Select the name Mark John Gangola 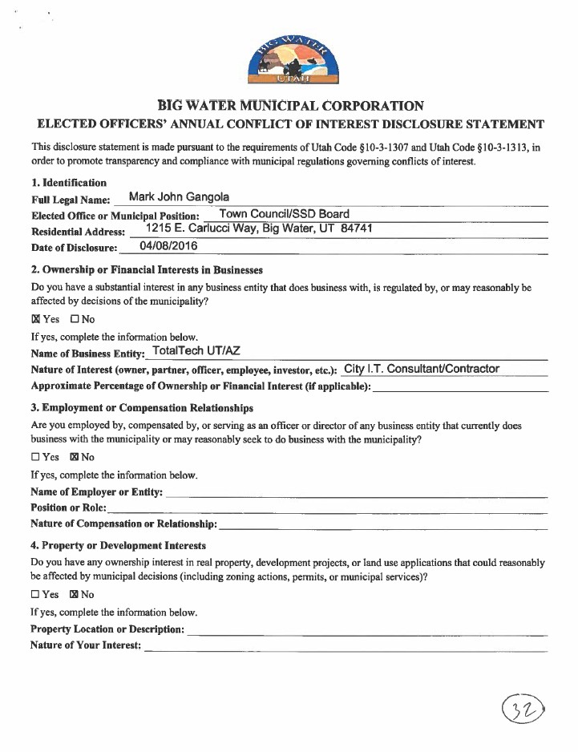point(180,197)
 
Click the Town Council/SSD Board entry point(284,213)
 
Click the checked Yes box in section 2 point(35,319)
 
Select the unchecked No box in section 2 point(74,319)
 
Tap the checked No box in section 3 point(74,457)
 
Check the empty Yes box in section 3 point(35,457)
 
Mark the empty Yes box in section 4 point(35,595)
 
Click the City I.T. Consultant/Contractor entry point(421,369)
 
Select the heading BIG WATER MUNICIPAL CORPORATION point(289,106)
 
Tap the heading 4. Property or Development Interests point(118,545)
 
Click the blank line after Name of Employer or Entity point(356,492)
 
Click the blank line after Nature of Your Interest point(345,646)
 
